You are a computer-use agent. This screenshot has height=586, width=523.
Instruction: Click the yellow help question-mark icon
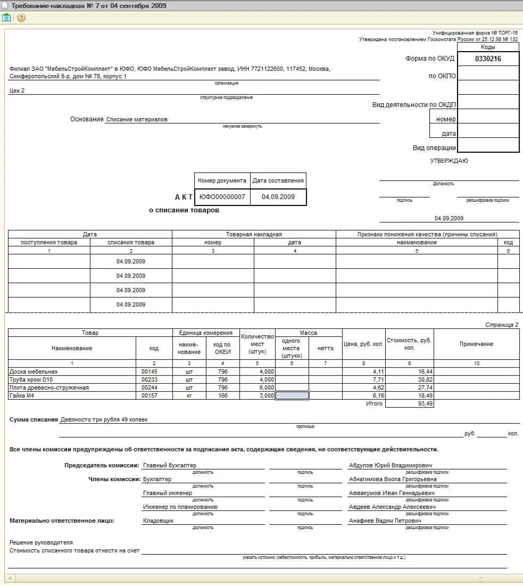tap(21, 18)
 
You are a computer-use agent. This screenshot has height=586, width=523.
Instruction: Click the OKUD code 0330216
tap(488, 59)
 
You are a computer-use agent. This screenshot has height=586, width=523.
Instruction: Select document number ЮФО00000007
tap(222, 197)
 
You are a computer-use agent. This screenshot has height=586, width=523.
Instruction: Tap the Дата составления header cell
tap(278, 180)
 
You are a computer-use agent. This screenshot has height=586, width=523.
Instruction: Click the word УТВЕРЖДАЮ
tap(449, 161)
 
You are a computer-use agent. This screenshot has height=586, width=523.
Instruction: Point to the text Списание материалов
tap(137, 120)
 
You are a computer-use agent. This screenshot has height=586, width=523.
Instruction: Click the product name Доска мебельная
tap(34, 372)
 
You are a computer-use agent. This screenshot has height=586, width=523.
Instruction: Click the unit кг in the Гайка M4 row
tap(189, 395)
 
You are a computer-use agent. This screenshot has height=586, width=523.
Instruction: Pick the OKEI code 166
tap(222, 395)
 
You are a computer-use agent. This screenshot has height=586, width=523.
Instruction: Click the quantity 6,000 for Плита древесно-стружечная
tap(266, 387)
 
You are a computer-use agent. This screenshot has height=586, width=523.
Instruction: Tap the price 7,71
tap(376, 379)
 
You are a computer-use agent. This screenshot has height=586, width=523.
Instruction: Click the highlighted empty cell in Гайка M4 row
tap(292, 395)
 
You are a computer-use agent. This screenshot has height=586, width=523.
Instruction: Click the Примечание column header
tap(476, 344)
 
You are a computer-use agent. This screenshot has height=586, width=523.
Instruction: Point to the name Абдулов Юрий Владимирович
tap(390, 466)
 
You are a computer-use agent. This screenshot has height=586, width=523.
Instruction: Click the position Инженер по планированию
tap(180, 507)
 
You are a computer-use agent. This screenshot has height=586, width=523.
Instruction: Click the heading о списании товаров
tap(184, 210)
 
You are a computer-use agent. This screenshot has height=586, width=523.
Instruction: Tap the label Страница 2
tap(501, 325)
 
